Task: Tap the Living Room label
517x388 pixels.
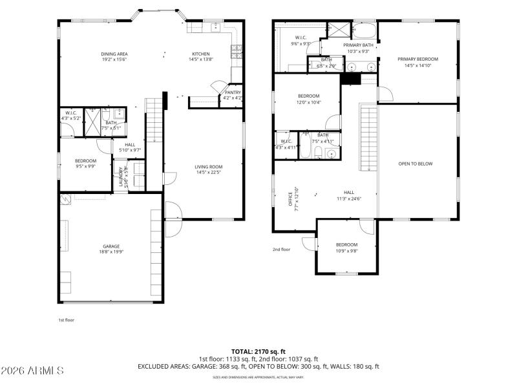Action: point(209,169)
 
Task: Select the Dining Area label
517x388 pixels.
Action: point(113,56)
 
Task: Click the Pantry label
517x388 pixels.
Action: point(233,95)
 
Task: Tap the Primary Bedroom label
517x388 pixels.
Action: point(417,62)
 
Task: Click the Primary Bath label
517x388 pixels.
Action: point(358,48)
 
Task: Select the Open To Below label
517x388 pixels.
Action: point(415,164)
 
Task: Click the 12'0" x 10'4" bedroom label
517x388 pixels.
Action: point(308,99)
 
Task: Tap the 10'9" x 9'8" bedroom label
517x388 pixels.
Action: point(346,248)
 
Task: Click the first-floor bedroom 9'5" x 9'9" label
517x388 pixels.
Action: point(85,164)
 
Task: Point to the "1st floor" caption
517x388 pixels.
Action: point(67,319)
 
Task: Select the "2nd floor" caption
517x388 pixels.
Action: point(281,249)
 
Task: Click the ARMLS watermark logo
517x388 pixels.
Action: point(32,371)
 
